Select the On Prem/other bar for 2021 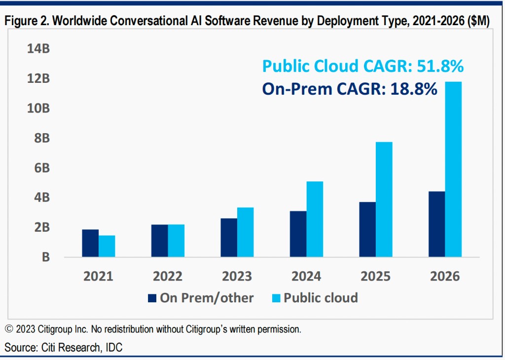pyautogui.click(x=90, y=243)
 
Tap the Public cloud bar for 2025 pyautogui.click(x=384, y=199)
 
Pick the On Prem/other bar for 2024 pyautogui.click(x=298, y=234)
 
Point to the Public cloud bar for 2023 pyautogui.click(x=245, y=232)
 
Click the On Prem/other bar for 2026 pyautogui.click(x=436, y=224)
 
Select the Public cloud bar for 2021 pyautogui.click(x=107, y=246)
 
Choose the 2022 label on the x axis pyautogui.click(x=168, y=276)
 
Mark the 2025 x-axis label pyautogui.click(x=376, y=276)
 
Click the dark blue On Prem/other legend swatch pyautogui.click(x=152, y=298)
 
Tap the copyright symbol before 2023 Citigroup pyautogui.click(x=9, y=328)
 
